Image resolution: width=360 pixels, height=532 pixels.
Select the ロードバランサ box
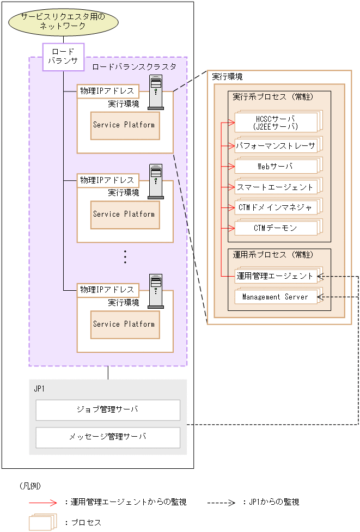click(x=64, y=57)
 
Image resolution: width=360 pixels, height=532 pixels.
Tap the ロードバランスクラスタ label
click(x=134, y=66)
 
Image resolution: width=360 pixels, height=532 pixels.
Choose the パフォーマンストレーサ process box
click(x=276, y=145)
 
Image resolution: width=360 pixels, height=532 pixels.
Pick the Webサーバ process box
click(x=276, y=166)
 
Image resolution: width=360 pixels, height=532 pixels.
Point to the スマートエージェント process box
click(x=276, y=187)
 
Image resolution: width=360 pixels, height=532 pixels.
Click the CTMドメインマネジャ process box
click(x=276, y=207)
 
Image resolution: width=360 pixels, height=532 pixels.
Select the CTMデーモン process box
click(x=276, y=228)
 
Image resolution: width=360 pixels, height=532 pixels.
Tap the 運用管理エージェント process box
click(x=276, y=276)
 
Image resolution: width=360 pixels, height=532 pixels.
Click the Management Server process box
click(x=276, y=297)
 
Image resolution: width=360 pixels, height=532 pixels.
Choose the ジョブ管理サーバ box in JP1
click(x=108, y=410)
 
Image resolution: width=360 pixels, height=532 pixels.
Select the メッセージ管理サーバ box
click(x=108, y=437)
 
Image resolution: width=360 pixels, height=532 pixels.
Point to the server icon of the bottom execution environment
click(x=156, y=291)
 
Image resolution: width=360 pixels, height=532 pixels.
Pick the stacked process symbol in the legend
click(x=42, y=522)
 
